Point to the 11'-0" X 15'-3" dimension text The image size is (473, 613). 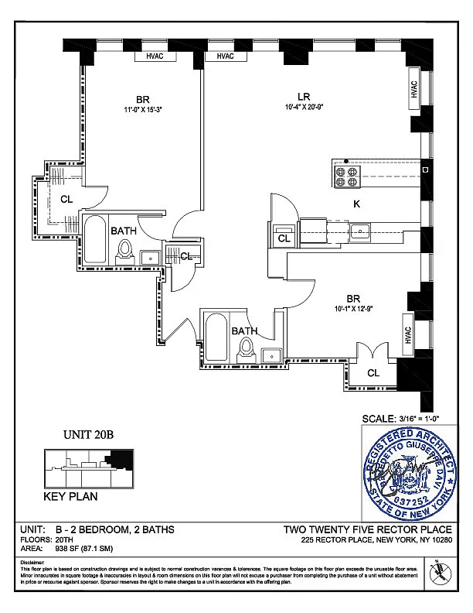142,110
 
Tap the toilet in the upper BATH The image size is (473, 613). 126,250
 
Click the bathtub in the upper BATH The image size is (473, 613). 95,241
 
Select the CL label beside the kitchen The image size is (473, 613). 284,239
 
